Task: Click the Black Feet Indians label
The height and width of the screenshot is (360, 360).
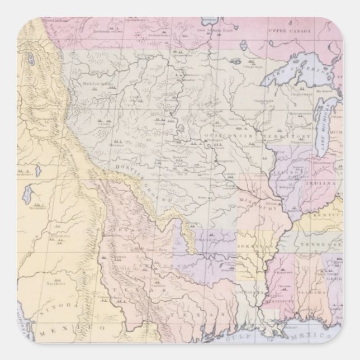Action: pos(97,84)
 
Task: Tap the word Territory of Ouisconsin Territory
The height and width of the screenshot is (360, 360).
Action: pos(288,136)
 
